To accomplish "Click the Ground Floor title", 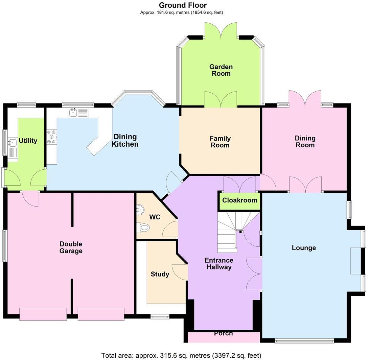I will click(183, 5).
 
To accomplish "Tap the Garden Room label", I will click(221, 70).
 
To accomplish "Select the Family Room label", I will click(220, 142).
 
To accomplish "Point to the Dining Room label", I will click(305, 141).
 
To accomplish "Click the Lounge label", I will click(304, 248).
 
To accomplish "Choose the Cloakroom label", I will click(239, 200).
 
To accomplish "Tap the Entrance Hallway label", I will click(218, 264).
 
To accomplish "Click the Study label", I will click(160, 274).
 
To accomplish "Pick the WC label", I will click(155, 217).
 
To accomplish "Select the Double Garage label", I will click(71, 247).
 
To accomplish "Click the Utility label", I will click(28, 141).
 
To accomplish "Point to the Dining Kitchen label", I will click(125, 140).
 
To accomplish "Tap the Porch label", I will click(223, 334).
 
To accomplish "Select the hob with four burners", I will click(52, 137).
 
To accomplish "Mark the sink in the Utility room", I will click(13, 143).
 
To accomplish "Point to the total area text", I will click(181, 355).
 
